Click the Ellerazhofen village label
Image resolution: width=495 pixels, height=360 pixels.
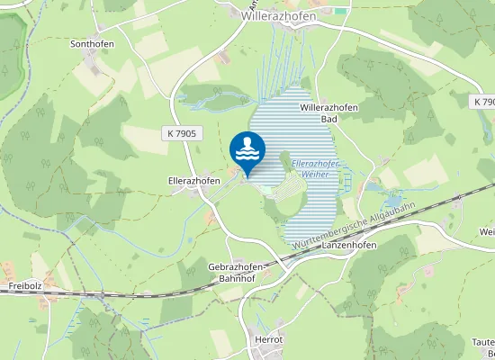coord(194,181)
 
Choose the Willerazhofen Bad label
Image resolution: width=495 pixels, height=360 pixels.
coord(329,112)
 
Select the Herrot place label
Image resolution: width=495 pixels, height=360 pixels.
coord(268,339)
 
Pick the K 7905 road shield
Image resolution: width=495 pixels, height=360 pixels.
coord(181,133)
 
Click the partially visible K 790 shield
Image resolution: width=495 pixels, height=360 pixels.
coord(484,103)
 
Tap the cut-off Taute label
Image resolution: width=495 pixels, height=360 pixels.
coord(482,342)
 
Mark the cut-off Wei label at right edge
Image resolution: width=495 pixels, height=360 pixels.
coord(487,232)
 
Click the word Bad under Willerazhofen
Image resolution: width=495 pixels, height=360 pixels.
coord(329,119)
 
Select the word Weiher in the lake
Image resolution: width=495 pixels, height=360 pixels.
coord(309,174)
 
